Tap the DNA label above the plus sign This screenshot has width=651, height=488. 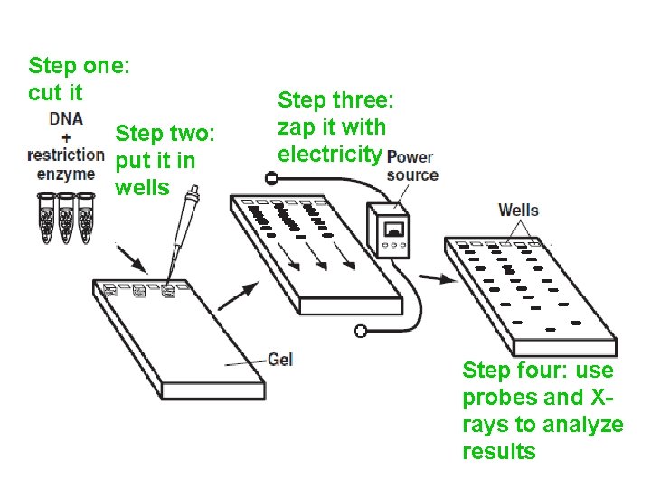(67, 118)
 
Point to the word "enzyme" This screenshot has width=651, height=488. (65, 174)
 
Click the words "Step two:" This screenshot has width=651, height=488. (165, 135)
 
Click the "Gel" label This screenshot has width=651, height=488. (280, 359)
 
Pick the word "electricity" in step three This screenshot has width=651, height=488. (329, 155)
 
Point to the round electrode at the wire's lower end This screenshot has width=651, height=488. (360, 332)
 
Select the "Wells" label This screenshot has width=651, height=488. (518, 211)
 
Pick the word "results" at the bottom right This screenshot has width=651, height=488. (498, 451)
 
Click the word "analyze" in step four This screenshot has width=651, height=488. (580, 425)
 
